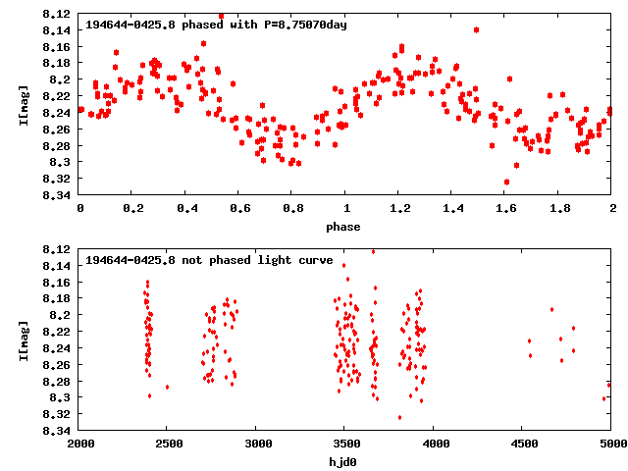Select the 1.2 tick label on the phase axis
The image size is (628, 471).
coord(399,208)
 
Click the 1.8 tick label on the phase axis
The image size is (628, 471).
coord(559,208)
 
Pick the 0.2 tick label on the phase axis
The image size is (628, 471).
coord(132,208)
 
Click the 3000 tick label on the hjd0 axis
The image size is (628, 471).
coord(256,444)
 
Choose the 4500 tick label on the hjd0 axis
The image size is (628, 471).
coord(522,444)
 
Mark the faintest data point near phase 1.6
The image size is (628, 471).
coord(506,182)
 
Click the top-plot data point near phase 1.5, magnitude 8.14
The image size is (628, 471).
coord(476,29)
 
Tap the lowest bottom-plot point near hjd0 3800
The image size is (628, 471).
coord(399,417)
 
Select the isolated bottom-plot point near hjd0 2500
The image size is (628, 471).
coord(167,387)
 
